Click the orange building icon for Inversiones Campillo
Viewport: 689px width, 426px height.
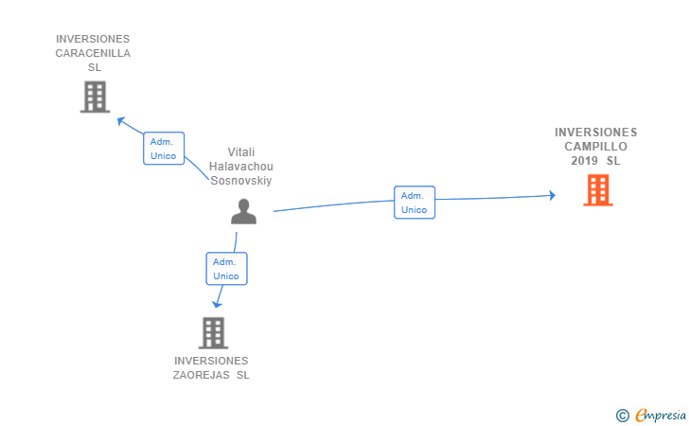[x=598, y=190]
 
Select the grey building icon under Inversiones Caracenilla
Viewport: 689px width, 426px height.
[x=95, y=97]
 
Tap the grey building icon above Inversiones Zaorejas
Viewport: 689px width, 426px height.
[x=213, y=333]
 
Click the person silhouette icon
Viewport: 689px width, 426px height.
[x=243, y=211]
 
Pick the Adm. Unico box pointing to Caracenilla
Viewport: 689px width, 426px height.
[x=164, y=149]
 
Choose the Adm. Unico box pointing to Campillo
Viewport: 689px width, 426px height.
[x=415, y=203]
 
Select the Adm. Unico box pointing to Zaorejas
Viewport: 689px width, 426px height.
[x=226, y=269]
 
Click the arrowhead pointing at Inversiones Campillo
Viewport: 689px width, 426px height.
[x=553, y=195]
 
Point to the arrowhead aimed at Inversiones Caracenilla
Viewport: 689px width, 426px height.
[x=121, y=120]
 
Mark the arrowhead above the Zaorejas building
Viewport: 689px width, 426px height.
[x=217, y=304]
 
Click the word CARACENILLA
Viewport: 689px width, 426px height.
[x=93, y=53]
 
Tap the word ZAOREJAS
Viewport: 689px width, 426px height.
[x=202, y=375]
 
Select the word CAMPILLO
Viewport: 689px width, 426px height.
[x=596, y=147]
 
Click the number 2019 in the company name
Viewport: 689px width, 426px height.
[x=585, y=161]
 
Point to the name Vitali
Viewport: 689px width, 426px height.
[x=240, y=152]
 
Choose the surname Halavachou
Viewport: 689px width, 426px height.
[x=240, y=167]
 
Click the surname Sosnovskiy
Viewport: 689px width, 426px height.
[x=240, y=181]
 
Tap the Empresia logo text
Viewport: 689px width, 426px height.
[x=661, y=415]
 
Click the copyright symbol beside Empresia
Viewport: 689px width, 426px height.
[x=622, y=416]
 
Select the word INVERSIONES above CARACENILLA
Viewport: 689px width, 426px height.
[x=93, y=39]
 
